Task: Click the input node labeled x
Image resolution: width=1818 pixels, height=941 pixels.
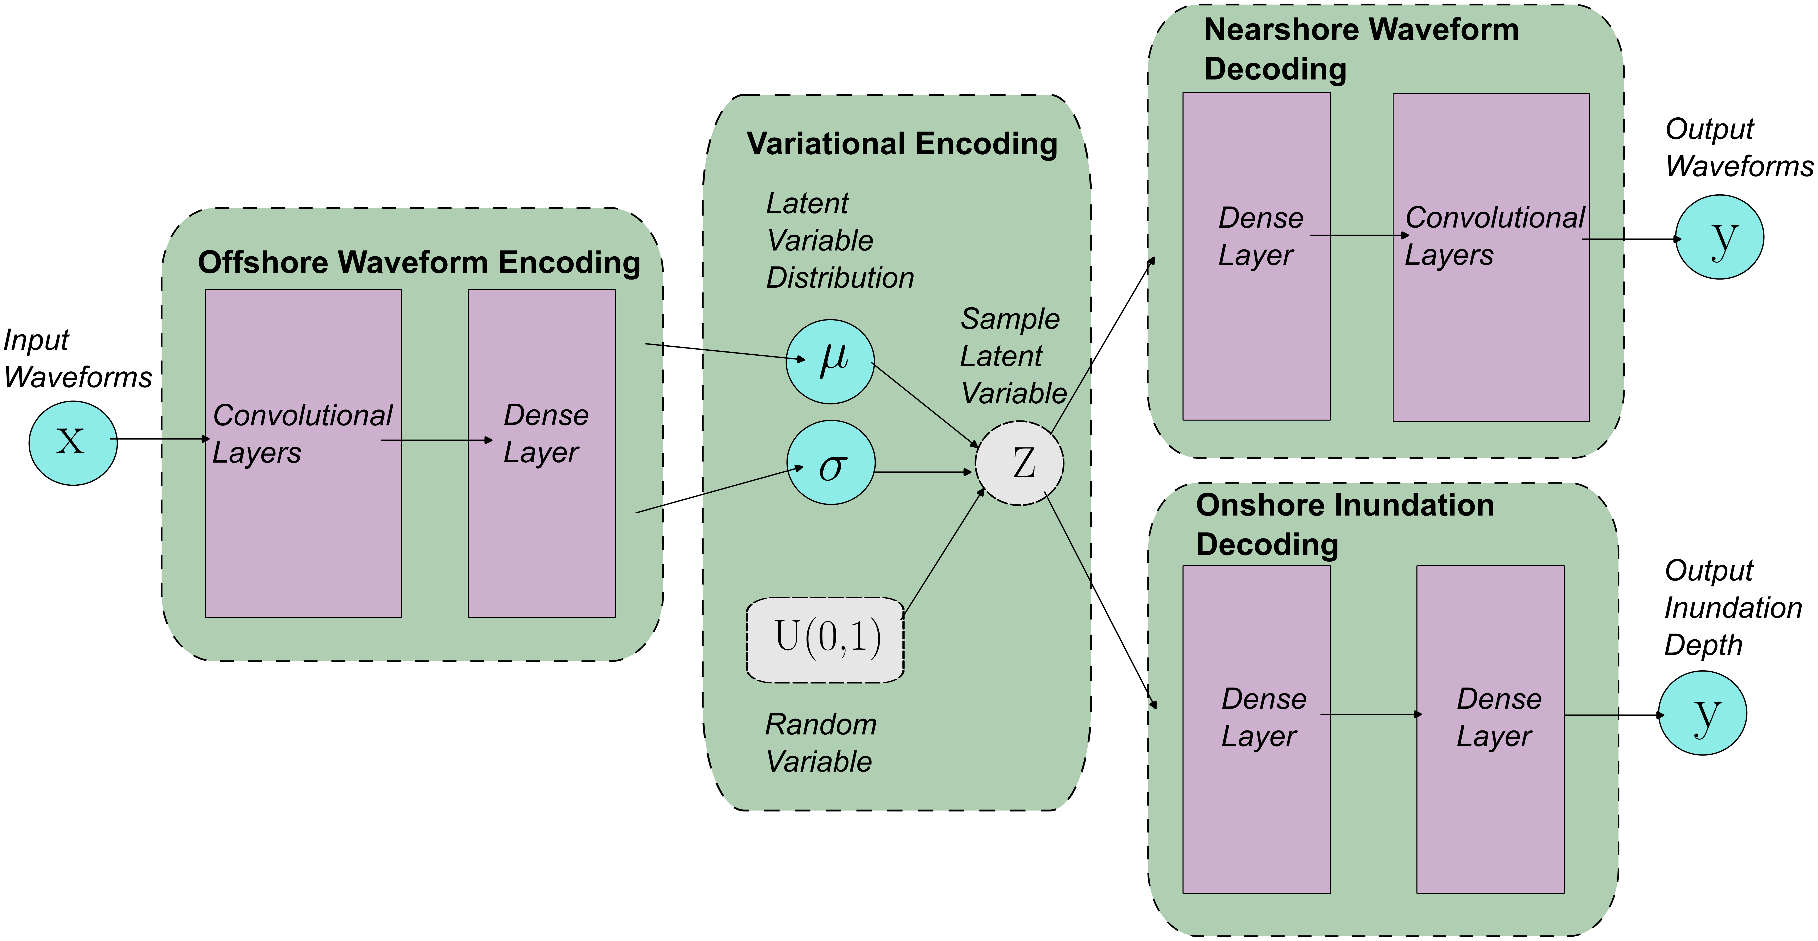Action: coord(73,443)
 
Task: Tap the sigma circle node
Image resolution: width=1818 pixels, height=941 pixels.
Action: coord(831,462)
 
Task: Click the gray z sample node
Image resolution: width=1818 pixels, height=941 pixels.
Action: coord(1019,463)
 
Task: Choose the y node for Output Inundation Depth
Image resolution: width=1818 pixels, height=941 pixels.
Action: coord(1702,713)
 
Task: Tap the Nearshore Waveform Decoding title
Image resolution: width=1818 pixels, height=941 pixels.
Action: coord(1361,49)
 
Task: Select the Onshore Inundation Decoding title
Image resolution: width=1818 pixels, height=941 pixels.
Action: coord(1345,525)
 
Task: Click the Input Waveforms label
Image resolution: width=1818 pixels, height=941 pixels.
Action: coord(78,359)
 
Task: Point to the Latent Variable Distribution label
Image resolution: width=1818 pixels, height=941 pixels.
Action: coord(840,241)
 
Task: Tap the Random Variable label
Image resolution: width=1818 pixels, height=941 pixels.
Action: coord(821,743)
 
